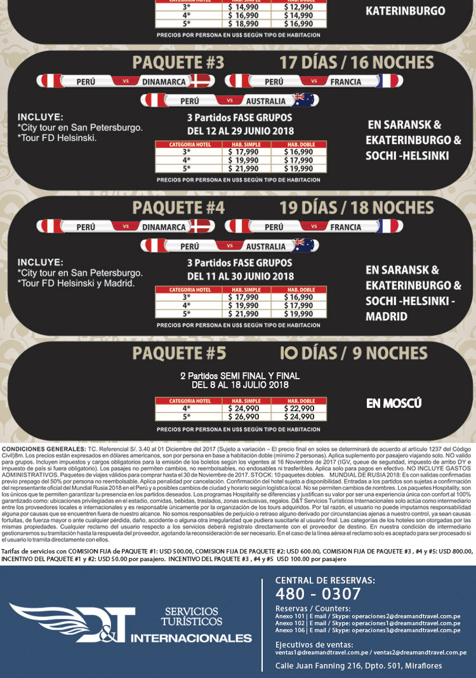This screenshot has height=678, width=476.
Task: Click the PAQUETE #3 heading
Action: click(178, 63)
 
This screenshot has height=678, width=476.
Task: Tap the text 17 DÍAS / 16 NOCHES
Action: click(357, 63)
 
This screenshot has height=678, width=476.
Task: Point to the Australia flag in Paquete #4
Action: click(304, 246)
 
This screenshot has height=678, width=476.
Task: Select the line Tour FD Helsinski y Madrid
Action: click(76, 283)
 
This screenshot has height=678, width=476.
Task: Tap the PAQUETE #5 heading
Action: click(178, 353)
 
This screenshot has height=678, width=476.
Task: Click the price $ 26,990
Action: click(245, 417)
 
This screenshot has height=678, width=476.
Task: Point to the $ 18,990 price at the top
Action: click(245, 24)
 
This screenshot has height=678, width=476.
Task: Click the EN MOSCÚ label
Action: click(394, 403)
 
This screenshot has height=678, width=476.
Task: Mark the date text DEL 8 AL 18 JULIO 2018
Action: click(240, 384)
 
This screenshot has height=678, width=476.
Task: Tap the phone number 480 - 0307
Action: click(317, 593)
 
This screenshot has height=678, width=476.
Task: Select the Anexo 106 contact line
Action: click(368, 630)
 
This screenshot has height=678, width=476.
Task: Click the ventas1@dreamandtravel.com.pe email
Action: click(314, 652)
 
